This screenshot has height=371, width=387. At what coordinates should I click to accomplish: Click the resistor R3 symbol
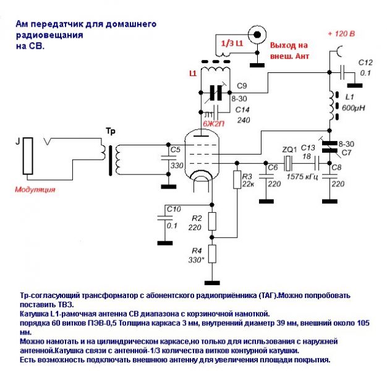[x=237, y=180]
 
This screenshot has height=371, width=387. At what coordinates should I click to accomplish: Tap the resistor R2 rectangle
[x=212, y=221]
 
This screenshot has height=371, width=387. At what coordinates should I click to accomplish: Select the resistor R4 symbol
[x=212, y=254]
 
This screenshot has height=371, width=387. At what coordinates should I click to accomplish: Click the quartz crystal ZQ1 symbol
[x=288, y=163]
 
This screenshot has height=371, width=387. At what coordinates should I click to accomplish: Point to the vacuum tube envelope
[x=202, y=155]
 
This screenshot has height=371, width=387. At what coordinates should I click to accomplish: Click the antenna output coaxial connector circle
[x=257, y=35]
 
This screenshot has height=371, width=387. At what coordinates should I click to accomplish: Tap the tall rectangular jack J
[x=28, y=156]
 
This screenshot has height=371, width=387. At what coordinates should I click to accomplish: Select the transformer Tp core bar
[x=110, y=160]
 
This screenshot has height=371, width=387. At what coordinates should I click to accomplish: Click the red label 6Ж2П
[x=213, y=124]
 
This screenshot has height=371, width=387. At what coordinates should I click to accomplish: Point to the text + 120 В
[x=341, y=33]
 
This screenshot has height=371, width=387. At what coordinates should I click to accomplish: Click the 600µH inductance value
[x=353, y=108]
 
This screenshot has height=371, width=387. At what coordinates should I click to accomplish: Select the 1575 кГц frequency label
[x=302, y=177]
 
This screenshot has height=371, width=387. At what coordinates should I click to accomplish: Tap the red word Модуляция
[x=35, y=190]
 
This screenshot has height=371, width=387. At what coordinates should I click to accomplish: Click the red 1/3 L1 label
[x=232, y=43]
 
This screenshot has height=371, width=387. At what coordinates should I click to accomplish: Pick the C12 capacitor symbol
[x=342, y=72]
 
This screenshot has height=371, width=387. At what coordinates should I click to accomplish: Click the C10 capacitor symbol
[x=165, y=218]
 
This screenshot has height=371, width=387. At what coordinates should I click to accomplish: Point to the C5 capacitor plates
[x=168, y=158]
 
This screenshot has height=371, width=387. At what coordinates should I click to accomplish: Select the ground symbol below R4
[x=212, y=283]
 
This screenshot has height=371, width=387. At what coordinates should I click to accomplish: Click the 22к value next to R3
[x=247, y=184]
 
